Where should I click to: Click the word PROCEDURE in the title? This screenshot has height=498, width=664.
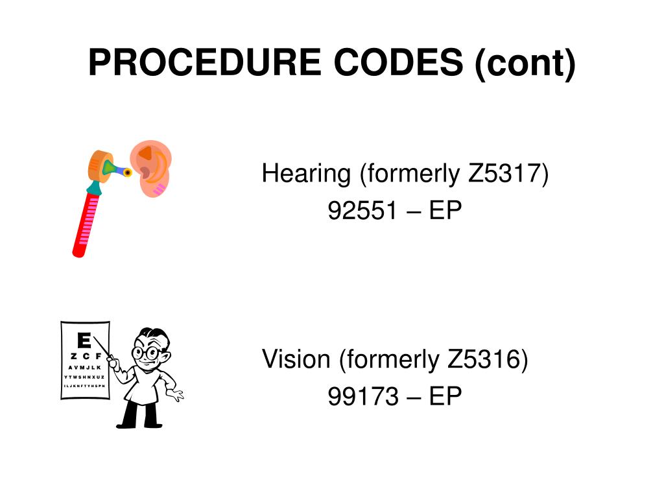[204, 63]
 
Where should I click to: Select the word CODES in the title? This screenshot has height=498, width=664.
[398, 63]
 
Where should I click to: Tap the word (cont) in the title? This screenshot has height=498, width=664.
[525, 64]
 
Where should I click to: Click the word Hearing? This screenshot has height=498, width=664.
[306, 174]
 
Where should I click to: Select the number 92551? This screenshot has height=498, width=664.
[362, 211]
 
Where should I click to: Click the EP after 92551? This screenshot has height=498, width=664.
[445, 211]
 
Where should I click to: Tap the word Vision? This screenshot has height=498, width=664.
[296, 359]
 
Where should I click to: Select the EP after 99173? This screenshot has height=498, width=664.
[445, 396]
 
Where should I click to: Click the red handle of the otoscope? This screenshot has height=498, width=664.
[86, 224]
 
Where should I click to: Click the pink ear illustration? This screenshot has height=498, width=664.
[152, 169]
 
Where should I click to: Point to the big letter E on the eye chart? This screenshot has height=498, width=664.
[84, 340]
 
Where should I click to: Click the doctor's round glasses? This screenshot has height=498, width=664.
[145, 353]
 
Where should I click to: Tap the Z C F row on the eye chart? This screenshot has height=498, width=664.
[86, 357]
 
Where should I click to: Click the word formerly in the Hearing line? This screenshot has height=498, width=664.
[410, 174]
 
